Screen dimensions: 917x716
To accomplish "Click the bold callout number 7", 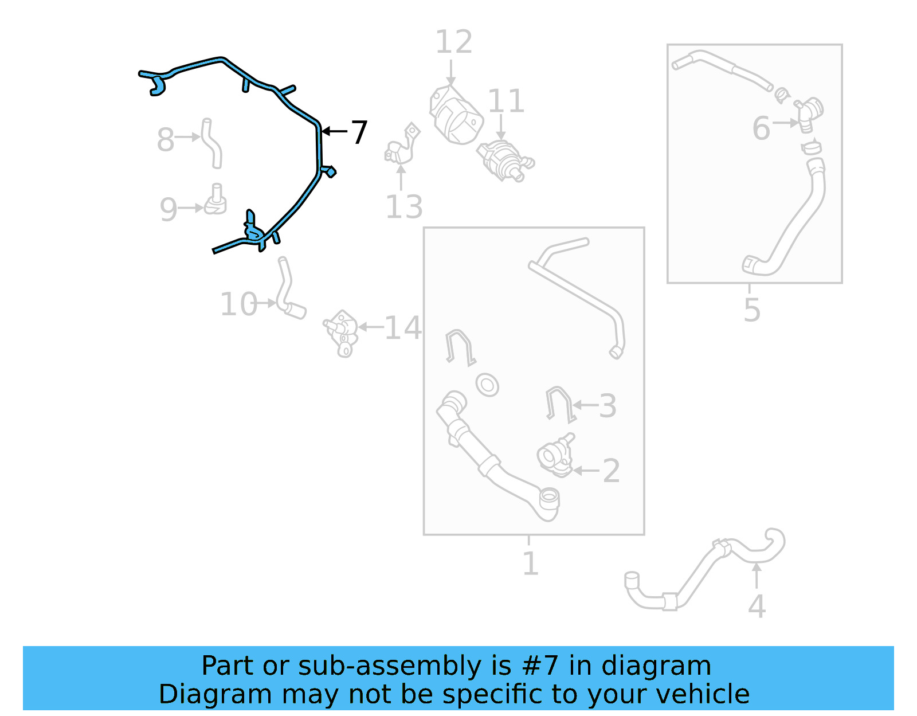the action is pos(359,132).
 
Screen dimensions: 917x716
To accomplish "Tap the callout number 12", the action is pos(454,42).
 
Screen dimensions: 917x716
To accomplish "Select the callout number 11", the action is pos(506,101).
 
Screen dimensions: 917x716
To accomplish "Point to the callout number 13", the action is pos(404,207).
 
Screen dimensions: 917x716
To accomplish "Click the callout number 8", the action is pos(166,139).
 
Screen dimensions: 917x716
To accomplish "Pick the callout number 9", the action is pos(168,209).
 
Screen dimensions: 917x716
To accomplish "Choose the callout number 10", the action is pos(239,304).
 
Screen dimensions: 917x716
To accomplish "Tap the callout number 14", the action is pos(403,327).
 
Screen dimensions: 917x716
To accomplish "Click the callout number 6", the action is pos(761,128).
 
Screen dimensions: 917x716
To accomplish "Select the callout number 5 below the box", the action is pos(752,310).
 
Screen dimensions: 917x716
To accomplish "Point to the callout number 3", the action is pos(608,406).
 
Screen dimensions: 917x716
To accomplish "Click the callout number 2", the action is pos(612,471).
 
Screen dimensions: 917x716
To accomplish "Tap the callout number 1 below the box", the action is pos(531,564).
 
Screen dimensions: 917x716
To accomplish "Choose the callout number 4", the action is pos(757,607).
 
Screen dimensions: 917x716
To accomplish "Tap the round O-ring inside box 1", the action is pos(487,385).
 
